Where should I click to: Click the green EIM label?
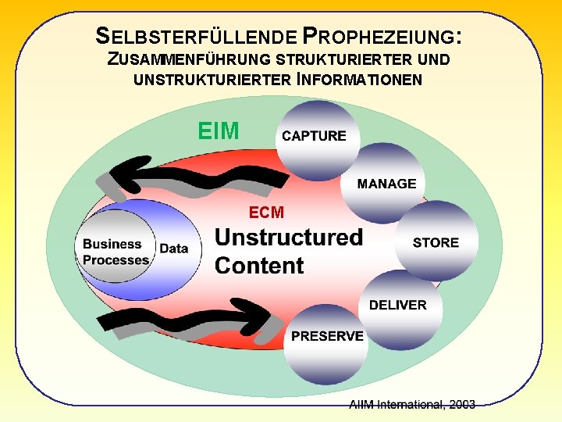tap(219, 131)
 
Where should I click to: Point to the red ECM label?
tap(266, 212)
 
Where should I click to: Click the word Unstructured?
tap(289, 237)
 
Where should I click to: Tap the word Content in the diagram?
tap(259, 266)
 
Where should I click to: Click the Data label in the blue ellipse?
tap(173, 248)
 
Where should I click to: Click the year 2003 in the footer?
tap(460, 404)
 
